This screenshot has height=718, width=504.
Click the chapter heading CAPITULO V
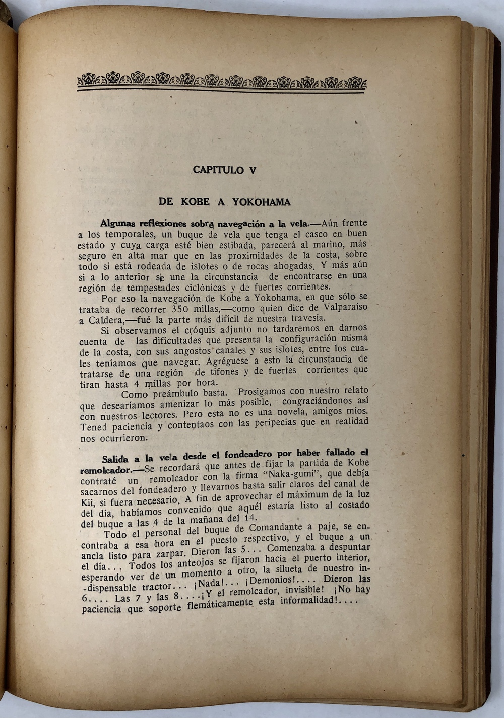pos(224,170)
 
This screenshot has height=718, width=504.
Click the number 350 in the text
pos(183,308)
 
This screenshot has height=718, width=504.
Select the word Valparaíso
pos(344,307)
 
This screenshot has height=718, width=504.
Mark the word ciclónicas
pos(203,288)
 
